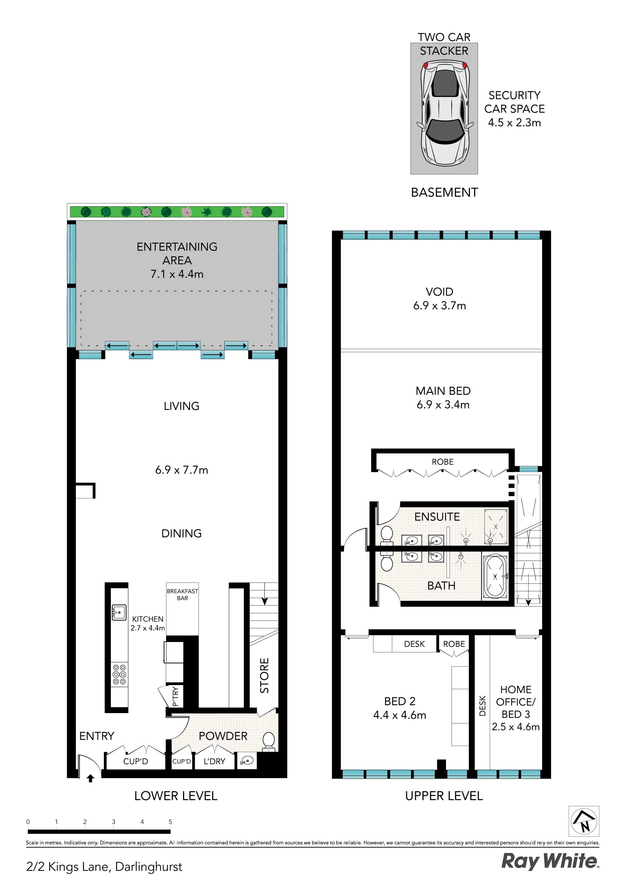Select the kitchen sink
point(119,612)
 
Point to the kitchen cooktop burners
point(119,674)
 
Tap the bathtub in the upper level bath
point(495,576)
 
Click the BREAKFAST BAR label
point(182,594)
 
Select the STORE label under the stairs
point(264,675)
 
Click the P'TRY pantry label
point(175,697)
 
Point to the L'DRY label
point(214,761)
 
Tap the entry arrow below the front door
point(91,779)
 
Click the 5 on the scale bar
point(170,822)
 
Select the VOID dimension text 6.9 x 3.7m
point(439,306)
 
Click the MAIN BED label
point(443,391)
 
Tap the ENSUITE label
point(437,517)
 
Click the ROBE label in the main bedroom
point(442,462)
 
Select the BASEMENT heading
point(445,192)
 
